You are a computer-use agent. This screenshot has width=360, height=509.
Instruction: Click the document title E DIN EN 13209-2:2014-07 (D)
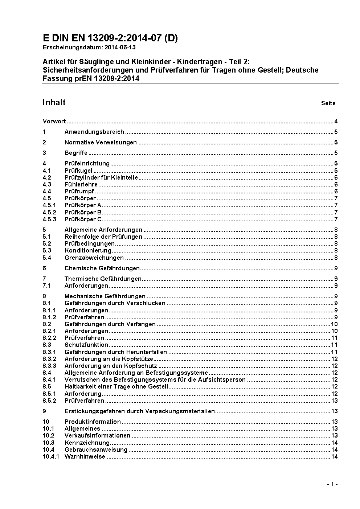(x=110, y=38)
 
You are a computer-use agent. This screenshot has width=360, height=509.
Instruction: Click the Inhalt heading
(x=54, y=102)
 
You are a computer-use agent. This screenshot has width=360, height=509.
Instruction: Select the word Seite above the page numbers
(x=328, y=103)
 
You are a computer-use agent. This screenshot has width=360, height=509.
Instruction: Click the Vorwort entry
(x=54, y=122)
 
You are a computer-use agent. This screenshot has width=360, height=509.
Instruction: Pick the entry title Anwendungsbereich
(x=94, y=132)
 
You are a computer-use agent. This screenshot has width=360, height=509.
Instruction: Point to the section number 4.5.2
(x=49, y=212)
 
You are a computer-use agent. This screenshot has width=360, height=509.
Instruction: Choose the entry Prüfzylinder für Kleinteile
(x=101, y=177)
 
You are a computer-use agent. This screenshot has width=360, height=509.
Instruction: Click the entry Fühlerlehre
(x=81, y=184)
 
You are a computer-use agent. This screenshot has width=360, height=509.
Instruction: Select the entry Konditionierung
(x=88, y=250)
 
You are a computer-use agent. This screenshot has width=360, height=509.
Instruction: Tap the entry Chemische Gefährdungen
(x=102, y=268)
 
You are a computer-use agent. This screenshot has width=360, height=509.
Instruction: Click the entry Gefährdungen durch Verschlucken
(x=115, y=303)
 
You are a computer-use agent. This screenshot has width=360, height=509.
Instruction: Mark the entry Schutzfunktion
(x=86, y=345)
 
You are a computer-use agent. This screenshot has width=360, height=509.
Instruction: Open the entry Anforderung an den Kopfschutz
(x=111, y=366)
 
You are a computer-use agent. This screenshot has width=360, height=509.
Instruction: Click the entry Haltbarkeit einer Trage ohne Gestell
(x=116, y=386)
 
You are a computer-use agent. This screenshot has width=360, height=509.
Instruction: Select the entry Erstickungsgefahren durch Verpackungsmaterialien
(x=140, y=411)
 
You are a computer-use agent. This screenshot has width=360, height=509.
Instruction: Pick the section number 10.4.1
(x=51, y=456)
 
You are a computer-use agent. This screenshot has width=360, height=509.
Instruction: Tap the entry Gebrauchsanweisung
(x=96, y=450)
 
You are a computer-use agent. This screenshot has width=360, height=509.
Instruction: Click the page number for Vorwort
(x=336, y=122)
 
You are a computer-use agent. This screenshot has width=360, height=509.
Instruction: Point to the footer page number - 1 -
(x=332, y=484)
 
